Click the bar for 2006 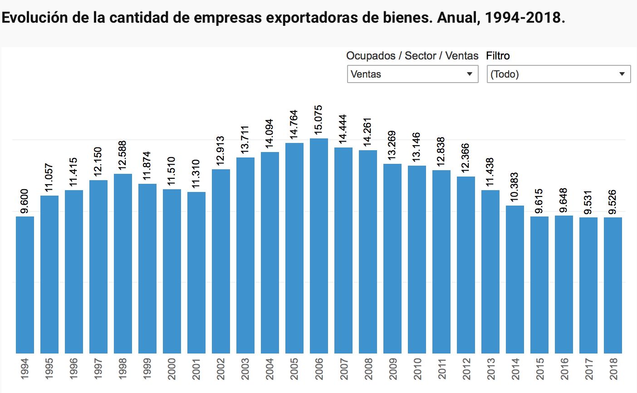click(x=319, y=245)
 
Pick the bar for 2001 click(x=196, y=272)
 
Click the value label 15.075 click(x=318, y=119)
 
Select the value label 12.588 click(x=122, y=155)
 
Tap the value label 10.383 click(x=514, y=187)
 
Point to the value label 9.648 click(x=563, y=200)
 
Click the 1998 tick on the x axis click(x=122, y=368)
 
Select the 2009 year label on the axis click(x=392, y=368)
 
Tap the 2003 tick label click(x=245, y=368)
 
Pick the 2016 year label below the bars click(x=563, y=368)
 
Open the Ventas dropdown click(x=412, y=74)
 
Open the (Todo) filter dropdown click(x=559, y=74)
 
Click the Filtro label click(x=498, y=56)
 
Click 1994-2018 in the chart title click(x=524, y=18)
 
